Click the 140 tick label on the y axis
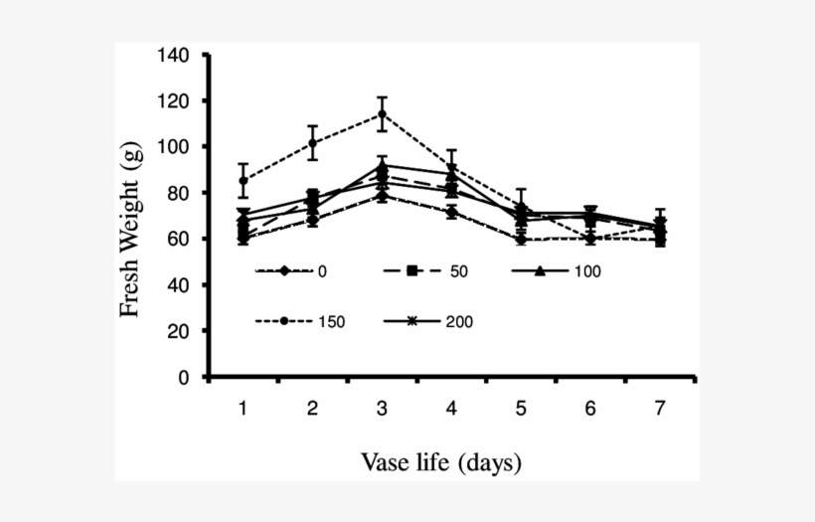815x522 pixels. (174, 55)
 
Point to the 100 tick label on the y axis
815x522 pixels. (174, 147)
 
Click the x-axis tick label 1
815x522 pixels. (243, 409)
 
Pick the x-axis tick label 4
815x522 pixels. (451, 409)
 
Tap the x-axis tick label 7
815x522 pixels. (660, 409)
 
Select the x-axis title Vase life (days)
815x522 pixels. (440, 462)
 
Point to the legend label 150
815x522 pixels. (331, 322)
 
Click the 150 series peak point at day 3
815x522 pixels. (382, 114)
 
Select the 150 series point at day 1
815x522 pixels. (243, 181)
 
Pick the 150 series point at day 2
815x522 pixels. (312, 142)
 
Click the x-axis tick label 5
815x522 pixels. (521, 409)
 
